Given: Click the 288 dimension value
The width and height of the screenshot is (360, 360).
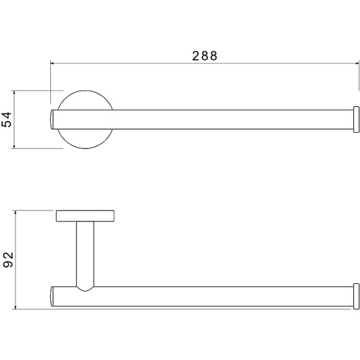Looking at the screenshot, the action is [205, 56].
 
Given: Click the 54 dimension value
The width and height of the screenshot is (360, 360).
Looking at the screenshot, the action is [6, 119].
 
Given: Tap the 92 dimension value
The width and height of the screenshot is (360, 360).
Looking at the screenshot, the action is [8, 259].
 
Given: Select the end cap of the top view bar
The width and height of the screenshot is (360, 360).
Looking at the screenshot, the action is [356, 119].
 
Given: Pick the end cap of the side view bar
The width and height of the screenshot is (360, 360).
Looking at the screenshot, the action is [356, 297].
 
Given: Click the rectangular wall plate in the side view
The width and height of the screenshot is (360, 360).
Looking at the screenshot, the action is [85, 216].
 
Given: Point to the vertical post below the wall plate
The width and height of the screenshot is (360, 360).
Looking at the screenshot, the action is [85, 254].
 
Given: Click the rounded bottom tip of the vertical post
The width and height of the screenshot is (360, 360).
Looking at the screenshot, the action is [85, 290].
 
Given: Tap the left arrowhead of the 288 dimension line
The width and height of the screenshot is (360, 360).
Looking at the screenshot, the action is [52, 63].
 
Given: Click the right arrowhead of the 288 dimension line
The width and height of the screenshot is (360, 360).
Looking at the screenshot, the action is [357, 63].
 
